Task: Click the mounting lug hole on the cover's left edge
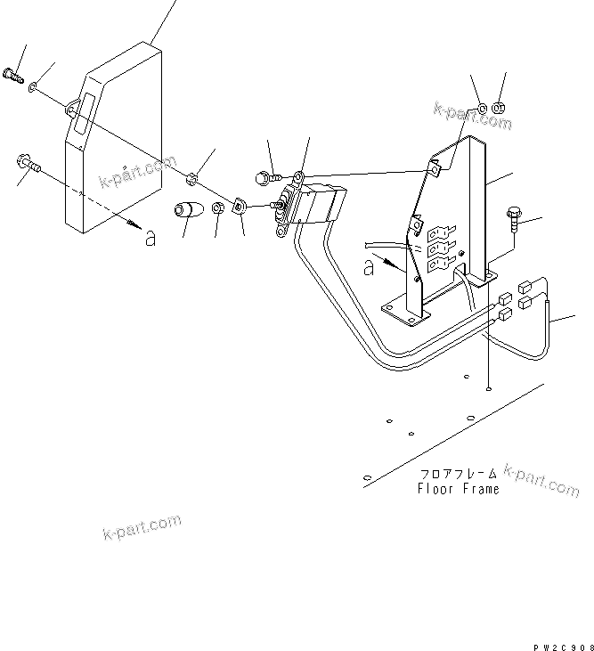point(69,109)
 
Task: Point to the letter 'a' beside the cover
point(150,238)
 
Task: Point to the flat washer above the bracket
point(480,110)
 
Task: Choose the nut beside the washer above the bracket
point(499,109)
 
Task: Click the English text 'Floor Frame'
point(459,489)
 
